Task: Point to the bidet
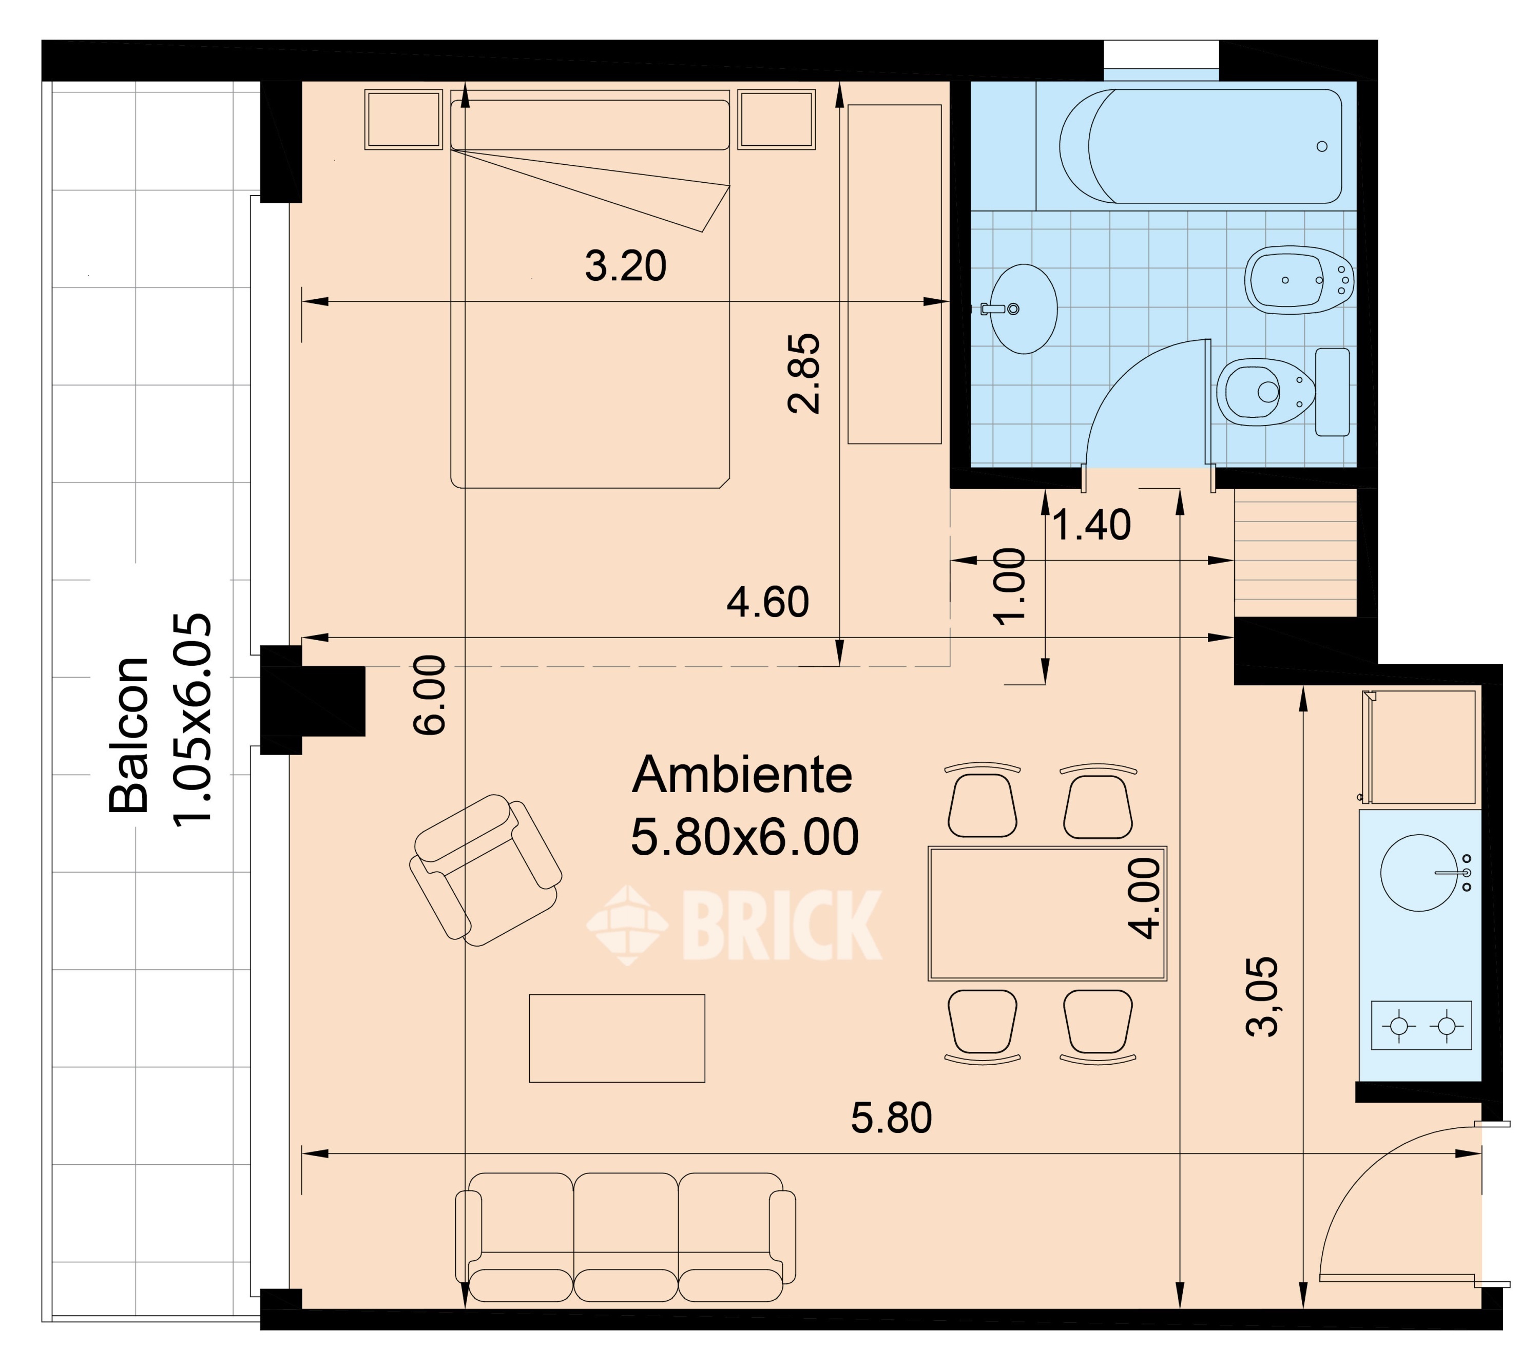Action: [x=1298, y=280]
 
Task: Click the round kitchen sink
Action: [x=1419, y=873]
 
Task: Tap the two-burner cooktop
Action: [x=1421, y=1026]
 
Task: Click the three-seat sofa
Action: [x=625, y=1237]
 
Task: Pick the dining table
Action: [x=1047, y=913]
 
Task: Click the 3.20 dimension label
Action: [x=625, y=266]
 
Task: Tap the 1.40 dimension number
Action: [x=1091, y=525]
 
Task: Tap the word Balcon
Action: [x=129, y=735]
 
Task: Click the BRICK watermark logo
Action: [x=735, y=925]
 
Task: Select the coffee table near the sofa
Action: [x=617, y=1038]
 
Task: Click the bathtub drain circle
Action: [x=1322, y=146]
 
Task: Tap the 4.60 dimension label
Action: [x=768, y=602]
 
